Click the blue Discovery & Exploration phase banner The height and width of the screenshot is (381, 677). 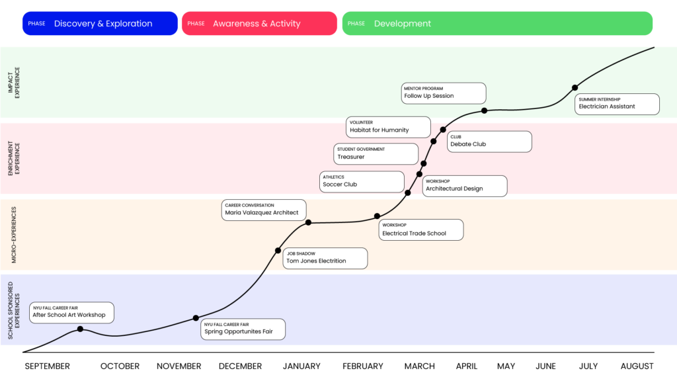[x=100, y=23]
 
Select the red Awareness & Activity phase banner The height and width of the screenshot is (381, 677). [x=259, y=23]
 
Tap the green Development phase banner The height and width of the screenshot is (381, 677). [x=497, y=23]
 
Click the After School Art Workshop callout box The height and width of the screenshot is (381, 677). [x=71, y=312]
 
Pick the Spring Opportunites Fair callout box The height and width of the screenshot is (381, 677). [x=243, y=329]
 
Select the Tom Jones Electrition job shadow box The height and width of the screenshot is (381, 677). [x=325, y=259]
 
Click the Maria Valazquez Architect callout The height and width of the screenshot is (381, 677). [x=264, y=210]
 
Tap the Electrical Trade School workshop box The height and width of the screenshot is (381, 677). [x=421, y=230]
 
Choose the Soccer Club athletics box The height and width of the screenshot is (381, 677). [x=362, y=182]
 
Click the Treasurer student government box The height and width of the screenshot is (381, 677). [x=376, y=153]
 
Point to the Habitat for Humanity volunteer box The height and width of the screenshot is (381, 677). [x=388, y=127]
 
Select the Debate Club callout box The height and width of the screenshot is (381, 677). [x=489, y=142]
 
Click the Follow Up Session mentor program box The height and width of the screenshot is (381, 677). [x=444, y=93]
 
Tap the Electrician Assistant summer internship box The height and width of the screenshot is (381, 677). [x=617, y=104]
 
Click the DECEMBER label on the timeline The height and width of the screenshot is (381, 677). [x=240, y=366]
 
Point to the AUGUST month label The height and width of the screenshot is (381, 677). [x=637, y=366]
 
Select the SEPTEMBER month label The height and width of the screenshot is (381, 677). [x=47, y=366]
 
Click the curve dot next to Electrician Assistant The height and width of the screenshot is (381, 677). [x=575, y=88]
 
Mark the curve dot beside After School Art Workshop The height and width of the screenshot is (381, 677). [x=80, y=329]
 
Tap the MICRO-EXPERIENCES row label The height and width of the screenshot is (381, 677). [x=14, y=235]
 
